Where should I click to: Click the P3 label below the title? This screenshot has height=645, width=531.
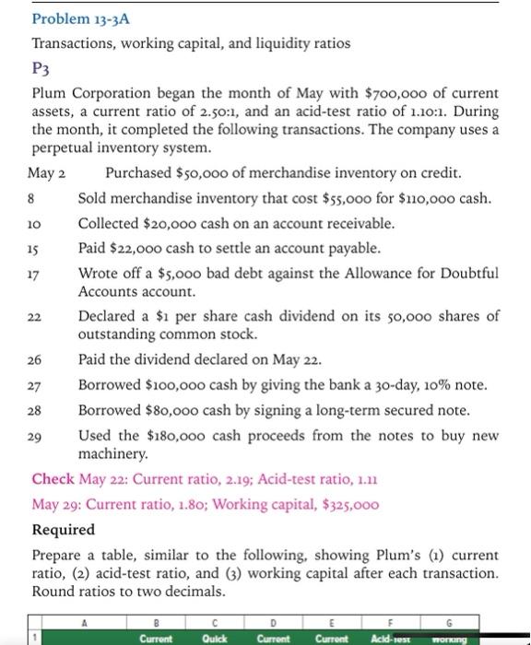pos(41,68)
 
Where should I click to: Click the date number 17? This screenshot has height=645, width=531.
pos(39,275)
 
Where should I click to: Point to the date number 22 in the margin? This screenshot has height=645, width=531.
pos(39,317)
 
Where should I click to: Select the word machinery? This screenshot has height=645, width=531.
pos(112,453)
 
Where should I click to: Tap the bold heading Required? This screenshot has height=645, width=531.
pos(64,530)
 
